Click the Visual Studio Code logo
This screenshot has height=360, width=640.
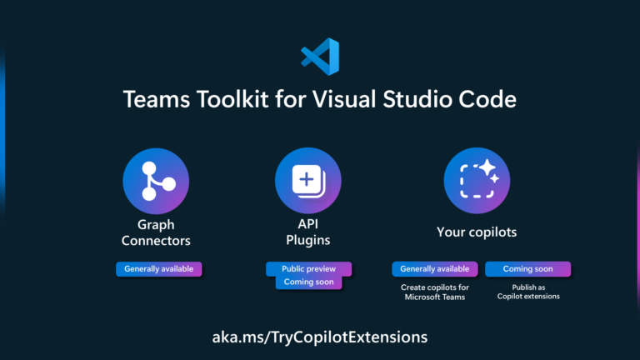pyautogui.click(x=320, y=57)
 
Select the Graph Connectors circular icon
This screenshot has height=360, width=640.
pyautogui.click(x=156, y=182)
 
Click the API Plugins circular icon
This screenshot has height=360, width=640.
pyautogui.click(x=308, y=182)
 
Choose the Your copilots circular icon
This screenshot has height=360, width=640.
pyautogui.click(x=477, y=182)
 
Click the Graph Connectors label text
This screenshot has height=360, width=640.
pyautogui.click(x=156, y=232)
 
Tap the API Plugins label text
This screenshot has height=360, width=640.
pyautogui.click(x=308, y=232)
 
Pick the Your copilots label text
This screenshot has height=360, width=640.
pyautogui.click(x=477, y=232)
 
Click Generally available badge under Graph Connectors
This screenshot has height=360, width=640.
pyautogui.click(x=158, y=269)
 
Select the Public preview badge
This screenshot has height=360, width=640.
pyautogui.click(x=308, y=269)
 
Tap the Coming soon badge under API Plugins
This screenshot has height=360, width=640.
pyautogui.click(x=309, y=282)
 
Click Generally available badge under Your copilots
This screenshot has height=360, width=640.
pyautogui.click(x=435, y=269)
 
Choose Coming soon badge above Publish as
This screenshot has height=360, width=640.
pyautogui.click(x=528, y=269)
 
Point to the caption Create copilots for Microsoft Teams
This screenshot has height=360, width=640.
pyautogui.click(x=435, y=292)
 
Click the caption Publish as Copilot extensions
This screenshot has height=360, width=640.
pyautogui.click(x=528, y=292)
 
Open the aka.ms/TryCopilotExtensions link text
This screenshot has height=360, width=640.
pyautogui.click(x=320, y=337)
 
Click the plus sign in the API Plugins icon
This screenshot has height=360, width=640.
pyautogui.click(x=306, y=179)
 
